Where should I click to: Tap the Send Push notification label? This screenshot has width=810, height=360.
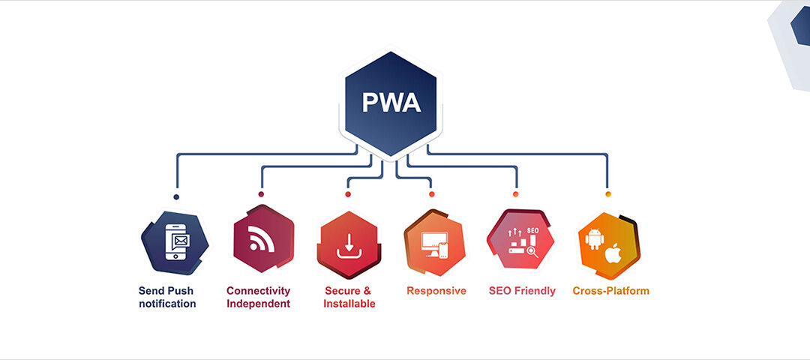point(167,297)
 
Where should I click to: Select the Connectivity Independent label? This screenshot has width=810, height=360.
point(258,297)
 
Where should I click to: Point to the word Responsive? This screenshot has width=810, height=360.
point(436,290)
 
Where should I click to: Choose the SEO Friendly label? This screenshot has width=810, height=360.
point(522,290)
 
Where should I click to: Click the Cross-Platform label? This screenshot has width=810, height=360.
point(610,290)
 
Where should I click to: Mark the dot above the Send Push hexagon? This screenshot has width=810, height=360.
point(176,197)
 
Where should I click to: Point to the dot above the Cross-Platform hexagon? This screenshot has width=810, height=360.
point(608,194)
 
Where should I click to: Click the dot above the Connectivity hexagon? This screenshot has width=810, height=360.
point(261,194)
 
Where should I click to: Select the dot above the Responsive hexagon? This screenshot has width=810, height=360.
point(432,194)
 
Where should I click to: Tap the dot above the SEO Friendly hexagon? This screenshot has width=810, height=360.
point(515,194)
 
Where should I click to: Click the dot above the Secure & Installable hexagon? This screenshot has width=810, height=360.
point(348,194)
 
